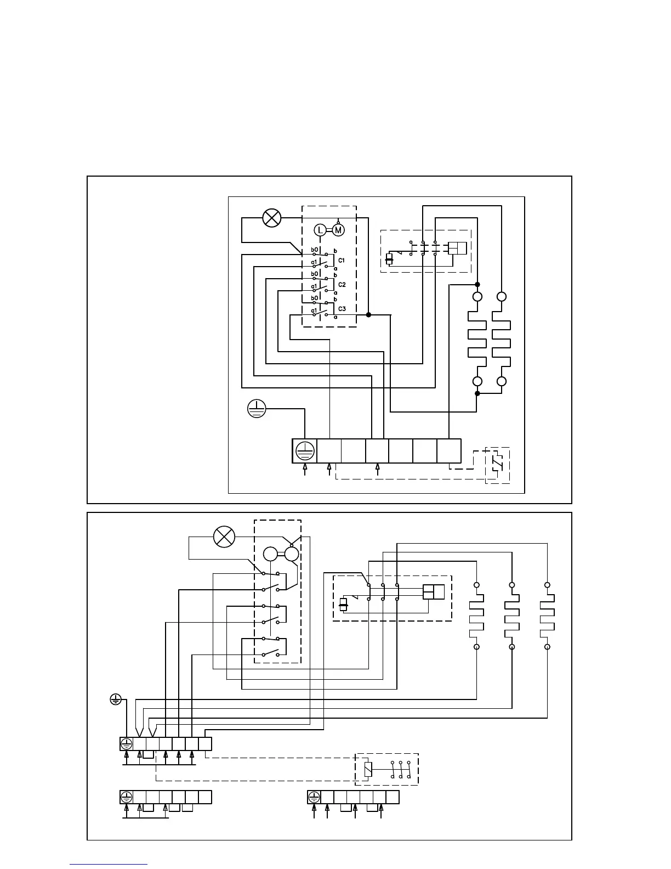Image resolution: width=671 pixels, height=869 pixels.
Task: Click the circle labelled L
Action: click(320, 230)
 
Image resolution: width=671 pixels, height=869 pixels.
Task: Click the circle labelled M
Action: click(338, 230)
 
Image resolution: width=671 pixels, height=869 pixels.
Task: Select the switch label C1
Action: click(342, 260)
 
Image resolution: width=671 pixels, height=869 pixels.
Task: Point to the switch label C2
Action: click(342, 285)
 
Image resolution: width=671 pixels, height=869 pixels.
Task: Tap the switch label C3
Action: click(342, 309)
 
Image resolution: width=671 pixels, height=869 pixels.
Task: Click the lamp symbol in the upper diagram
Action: click(271, 218)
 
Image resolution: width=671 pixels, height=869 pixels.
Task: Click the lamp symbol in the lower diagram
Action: click(224, 537)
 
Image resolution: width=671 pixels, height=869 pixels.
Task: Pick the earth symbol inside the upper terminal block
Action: click(304, 451)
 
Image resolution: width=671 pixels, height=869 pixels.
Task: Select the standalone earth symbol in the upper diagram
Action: click(257, 409)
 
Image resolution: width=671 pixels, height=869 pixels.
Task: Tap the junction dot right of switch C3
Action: click(368, 315)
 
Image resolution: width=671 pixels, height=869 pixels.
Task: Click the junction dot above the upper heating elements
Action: click(477, 285)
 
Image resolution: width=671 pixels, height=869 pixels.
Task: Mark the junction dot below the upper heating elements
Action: click(477, 393)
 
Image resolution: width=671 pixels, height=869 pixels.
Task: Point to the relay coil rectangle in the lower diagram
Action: click(368, 769)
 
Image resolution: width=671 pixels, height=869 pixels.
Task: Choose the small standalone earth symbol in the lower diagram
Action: click(115, 699)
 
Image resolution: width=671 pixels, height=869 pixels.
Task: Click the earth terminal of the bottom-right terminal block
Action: click(314, 797)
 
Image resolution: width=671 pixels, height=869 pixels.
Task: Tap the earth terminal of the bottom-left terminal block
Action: click(127, 797)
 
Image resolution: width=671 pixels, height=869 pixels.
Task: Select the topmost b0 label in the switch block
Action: click(315, 250)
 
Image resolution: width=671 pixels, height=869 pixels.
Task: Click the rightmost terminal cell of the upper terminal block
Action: click(449, 451)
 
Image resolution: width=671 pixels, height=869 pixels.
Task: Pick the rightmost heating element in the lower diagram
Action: click(547, 616)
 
